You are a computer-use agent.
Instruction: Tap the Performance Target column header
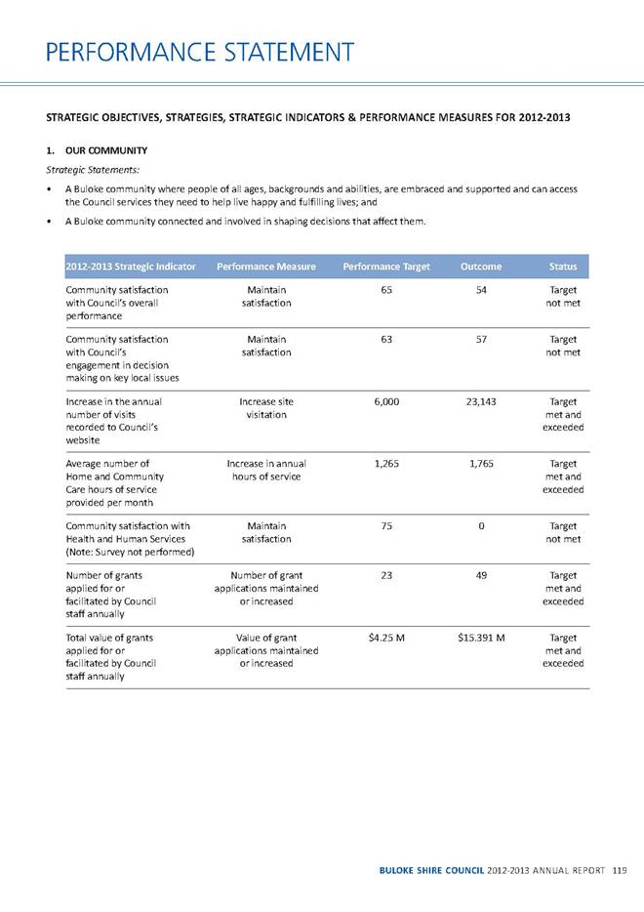click(386, 267)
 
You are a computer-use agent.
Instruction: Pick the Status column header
click(562, 267)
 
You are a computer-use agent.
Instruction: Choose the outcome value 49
click(482, 575)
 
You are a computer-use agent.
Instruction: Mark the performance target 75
click(386, 526)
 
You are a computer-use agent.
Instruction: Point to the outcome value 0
click(482, 526)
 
